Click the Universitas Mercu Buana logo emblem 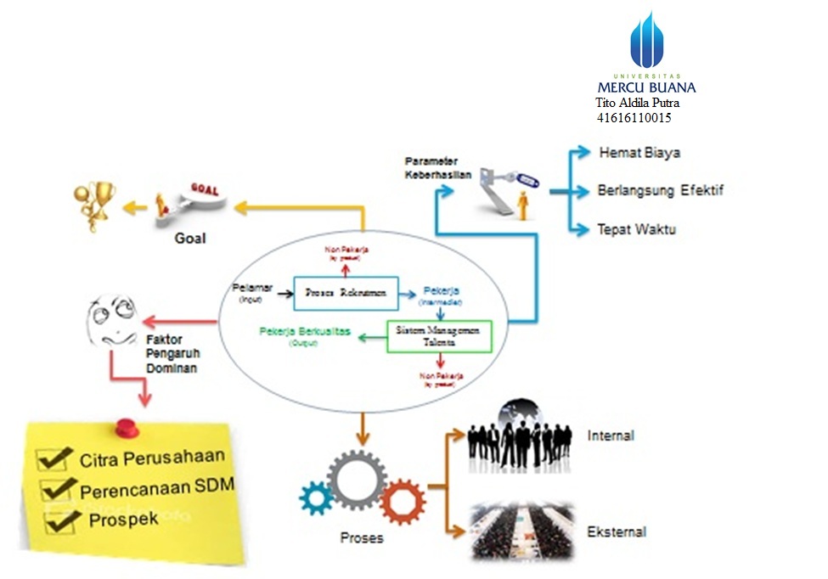646,40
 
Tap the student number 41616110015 634,118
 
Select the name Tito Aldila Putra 637,103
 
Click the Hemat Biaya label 639,154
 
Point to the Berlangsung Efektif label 660,190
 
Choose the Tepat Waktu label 636,229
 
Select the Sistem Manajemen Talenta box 438,336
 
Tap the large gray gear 358,480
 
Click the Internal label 610,436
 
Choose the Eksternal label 616,532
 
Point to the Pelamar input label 252,289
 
